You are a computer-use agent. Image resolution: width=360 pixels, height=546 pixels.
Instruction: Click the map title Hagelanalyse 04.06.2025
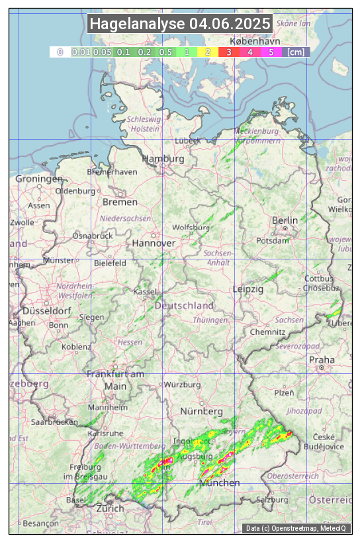(180, 24)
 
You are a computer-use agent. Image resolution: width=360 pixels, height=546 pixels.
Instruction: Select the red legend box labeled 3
(229, 51)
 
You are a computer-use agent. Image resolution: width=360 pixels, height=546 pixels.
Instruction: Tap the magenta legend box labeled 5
(271, 51)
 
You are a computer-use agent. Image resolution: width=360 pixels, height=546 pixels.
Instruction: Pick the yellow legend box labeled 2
(208, 51)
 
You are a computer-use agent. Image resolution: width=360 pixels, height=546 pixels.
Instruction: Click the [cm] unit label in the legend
(296, 51)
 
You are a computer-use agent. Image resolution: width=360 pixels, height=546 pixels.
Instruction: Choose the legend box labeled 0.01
(81, 51)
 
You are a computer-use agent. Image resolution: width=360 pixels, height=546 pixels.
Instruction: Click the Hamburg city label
(163, 159)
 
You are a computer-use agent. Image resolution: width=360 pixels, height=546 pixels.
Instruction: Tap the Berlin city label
(285, 220)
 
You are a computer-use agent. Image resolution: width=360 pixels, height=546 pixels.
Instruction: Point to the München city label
(220, 482)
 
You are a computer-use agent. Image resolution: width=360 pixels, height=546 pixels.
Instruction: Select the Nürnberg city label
(201, 412)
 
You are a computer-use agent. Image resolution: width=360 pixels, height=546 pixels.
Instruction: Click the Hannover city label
(154, 243)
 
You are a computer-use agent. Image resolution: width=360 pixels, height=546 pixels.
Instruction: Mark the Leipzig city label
(248, 289)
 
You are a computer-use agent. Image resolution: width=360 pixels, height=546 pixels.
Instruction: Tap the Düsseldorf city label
(46, 310)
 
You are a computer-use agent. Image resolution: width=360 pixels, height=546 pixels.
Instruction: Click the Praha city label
(322, 359)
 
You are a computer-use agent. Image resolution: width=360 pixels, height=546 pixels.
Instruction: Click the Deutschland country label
(184, 305)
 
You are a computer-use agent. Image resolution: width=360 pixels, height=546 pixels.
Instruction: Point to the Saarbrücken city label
(54, 422)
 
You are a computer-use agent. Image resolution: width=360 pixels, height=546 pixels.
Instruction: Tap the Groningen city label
(39, 179)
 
